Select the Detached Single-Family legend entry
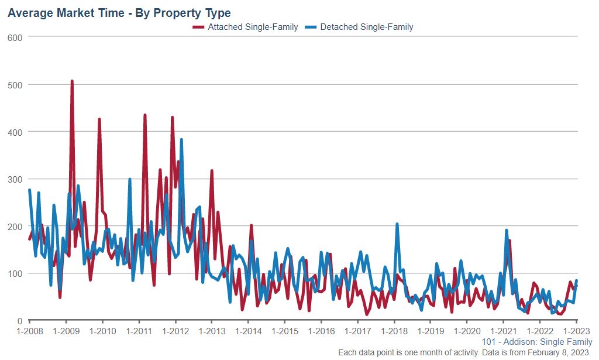click(367, 27)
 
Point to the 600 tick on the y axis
click(15, 37)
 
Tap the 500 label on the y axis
click(15, 84)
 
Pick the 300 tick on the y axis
click(15, 179)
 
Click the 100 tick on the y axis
click(15, 273)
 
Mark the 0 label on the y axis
click(20, 321)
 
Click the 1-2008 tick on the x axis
click(29, 331)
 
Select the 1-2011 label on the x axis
click(139, 331)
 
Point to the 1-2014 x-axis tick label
click(248, 331)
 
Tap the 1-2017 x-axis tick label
click(357, 331)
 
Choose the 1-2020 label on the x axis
click(467, 331)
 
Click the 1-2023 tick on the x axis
click(576, 331)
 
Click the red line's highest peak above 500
click(72, 81)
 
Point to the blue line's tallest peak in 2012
click(181, 140)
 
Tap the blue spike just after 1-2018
click(397, 224)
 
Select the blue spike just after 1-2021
click(507, 231)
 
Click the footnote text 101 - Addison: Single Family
click(537, 342)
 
